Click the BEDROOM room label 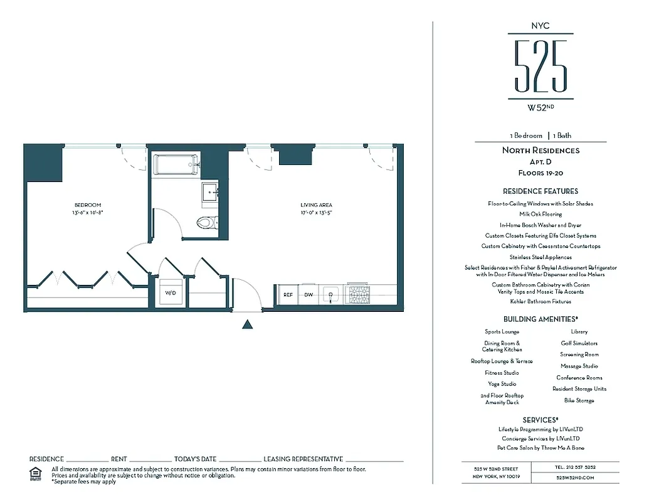point(88,205)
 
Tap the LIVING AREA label point(317,205)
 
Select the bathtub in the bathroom point(176,165)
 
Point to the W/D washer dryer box point(171,293)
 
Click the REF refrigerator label point(288,294)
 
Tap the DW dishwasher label point(309,294)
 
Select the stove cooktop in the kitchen point(359,294)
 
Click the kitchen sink point(330,294)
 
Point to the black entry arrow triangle point(248,324)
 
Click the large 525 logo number point(541,65)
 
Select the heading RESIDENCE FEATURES point(541,191)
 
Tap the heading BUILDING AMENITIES point(541,319)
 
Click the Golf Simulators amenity point(579,343)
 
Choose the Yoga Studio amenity point(502,384)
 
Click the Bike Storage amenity point(579,400)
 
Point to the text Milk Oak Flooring point(541,214)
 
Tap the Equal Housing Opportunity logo point(36,473)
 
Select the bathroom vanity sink point(209,193)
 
